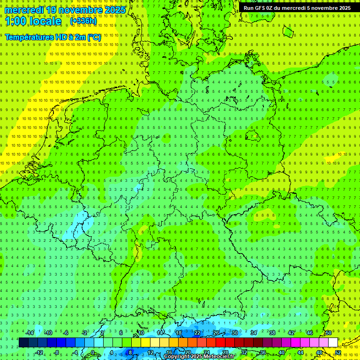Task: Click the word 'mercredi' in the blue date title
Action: pyautogui.click(x=24, y=10)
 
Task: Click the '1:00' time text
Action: pyautogui.click(x=15, y=21)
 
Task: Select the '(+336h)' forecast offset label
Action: pyautogui.click(x=83, y=21)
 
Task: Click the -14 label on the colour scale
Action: pyautogui.click(x=30, y=333)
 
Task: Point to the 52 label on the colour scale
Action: pyautogui.click(x=338, y=352)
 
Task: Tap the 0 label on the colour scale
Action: pyautogui.click(x=92, y=352)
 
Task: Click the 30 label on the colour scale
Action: pyautogui.click(x=235, y=333)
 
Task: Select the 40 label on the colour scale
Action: pyautogui.click(x=281, y=352)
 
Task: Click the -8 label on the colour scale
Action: pyautogui.click(x=57, y=352)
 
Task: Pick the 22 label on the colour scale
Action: pyautogui.click(x=197, y=333)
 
